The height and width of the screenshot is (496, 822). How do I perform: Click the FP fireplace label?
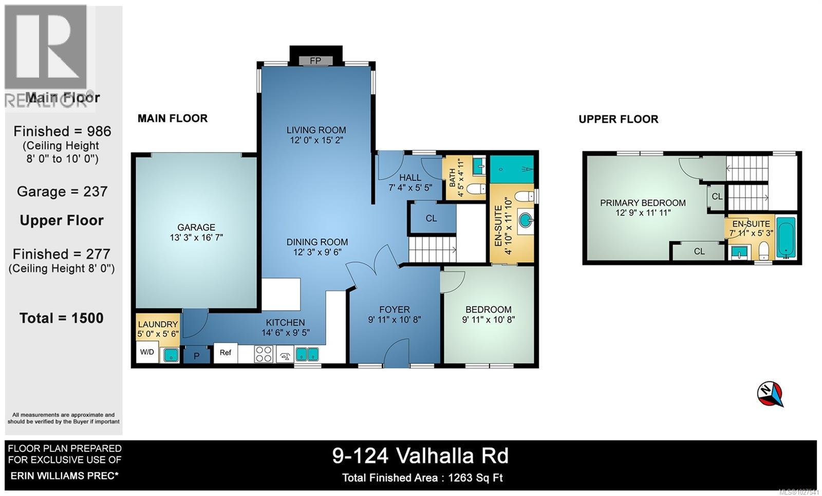click(315, 61)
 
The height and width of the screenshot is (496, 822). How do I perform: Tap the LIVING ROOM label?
click(316, 130)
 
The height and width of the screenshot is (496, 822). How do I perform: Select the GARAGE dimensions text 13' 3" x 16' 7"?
click(196, 237)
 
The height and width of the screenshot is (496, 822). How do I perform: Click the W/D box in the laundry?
click(147, 353)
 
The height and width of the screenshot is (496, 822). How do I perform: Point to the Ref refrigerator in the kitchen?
click(226, 353)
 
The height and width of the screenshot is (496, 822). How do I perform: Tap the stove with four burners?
click(264, 354)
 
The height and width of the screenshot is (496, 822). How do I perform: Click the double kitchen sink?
click(307, 354)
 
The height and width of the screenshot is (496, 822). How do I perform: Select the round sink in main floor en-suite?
click(525, 221)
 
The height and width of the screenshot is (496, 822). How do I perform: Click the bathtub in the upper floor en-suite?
click(786, 237)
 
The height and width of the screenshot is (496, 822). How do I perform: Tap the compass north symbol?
click(770, 394)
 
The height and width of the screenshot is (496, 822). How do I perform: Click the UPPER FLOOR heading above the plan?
click(618, 119)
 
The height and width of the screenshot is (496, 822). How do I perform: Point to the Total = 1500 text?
click(62, 318)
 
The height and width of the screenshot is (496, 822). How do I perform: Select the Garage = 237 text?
click(62, 192)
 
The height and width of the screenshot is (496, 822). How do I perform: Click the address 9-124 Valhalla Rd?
click(420, 456)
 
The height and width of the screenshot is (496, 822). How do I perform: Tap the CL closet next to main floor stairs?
click(431, 218)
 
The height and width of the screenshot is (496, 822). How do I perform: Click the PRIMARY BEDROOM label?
click(643, 203)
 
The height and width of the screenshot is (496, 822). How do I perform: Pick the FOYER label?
click(394, 309)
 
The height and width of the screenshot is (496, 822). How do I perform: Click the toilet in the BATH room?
click(475, 189)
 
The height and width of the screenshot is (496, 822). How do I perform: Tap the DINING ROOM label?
click(317, 242)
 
